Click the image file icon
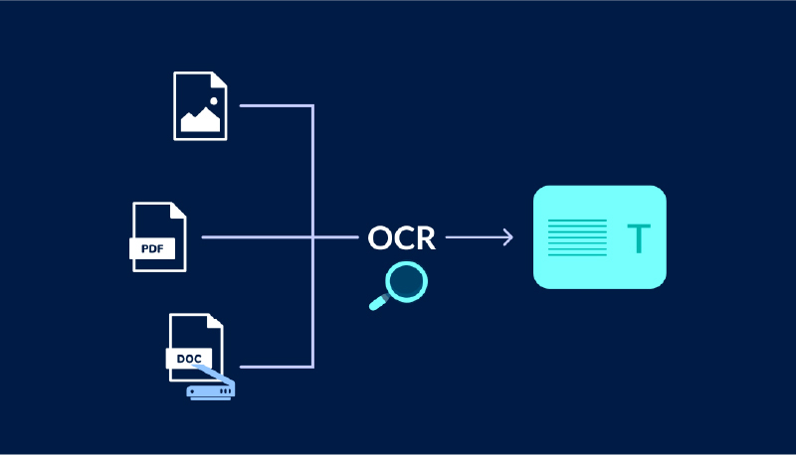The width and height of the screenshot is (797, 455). [200, 104]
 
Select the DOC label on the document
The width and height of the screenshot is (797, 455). [187, 358]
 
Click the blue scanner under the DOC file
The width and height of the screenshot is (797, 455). [211, 388]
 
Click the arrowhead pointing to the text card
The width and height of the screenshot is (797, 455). [507, 237]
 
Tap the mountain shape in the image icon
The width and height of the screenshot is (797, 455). [199, 121]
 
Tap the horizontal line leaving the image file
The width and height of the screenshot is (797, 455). [277, 104]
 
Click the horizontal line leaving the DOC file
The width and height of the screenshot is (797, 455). [277, 367]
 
